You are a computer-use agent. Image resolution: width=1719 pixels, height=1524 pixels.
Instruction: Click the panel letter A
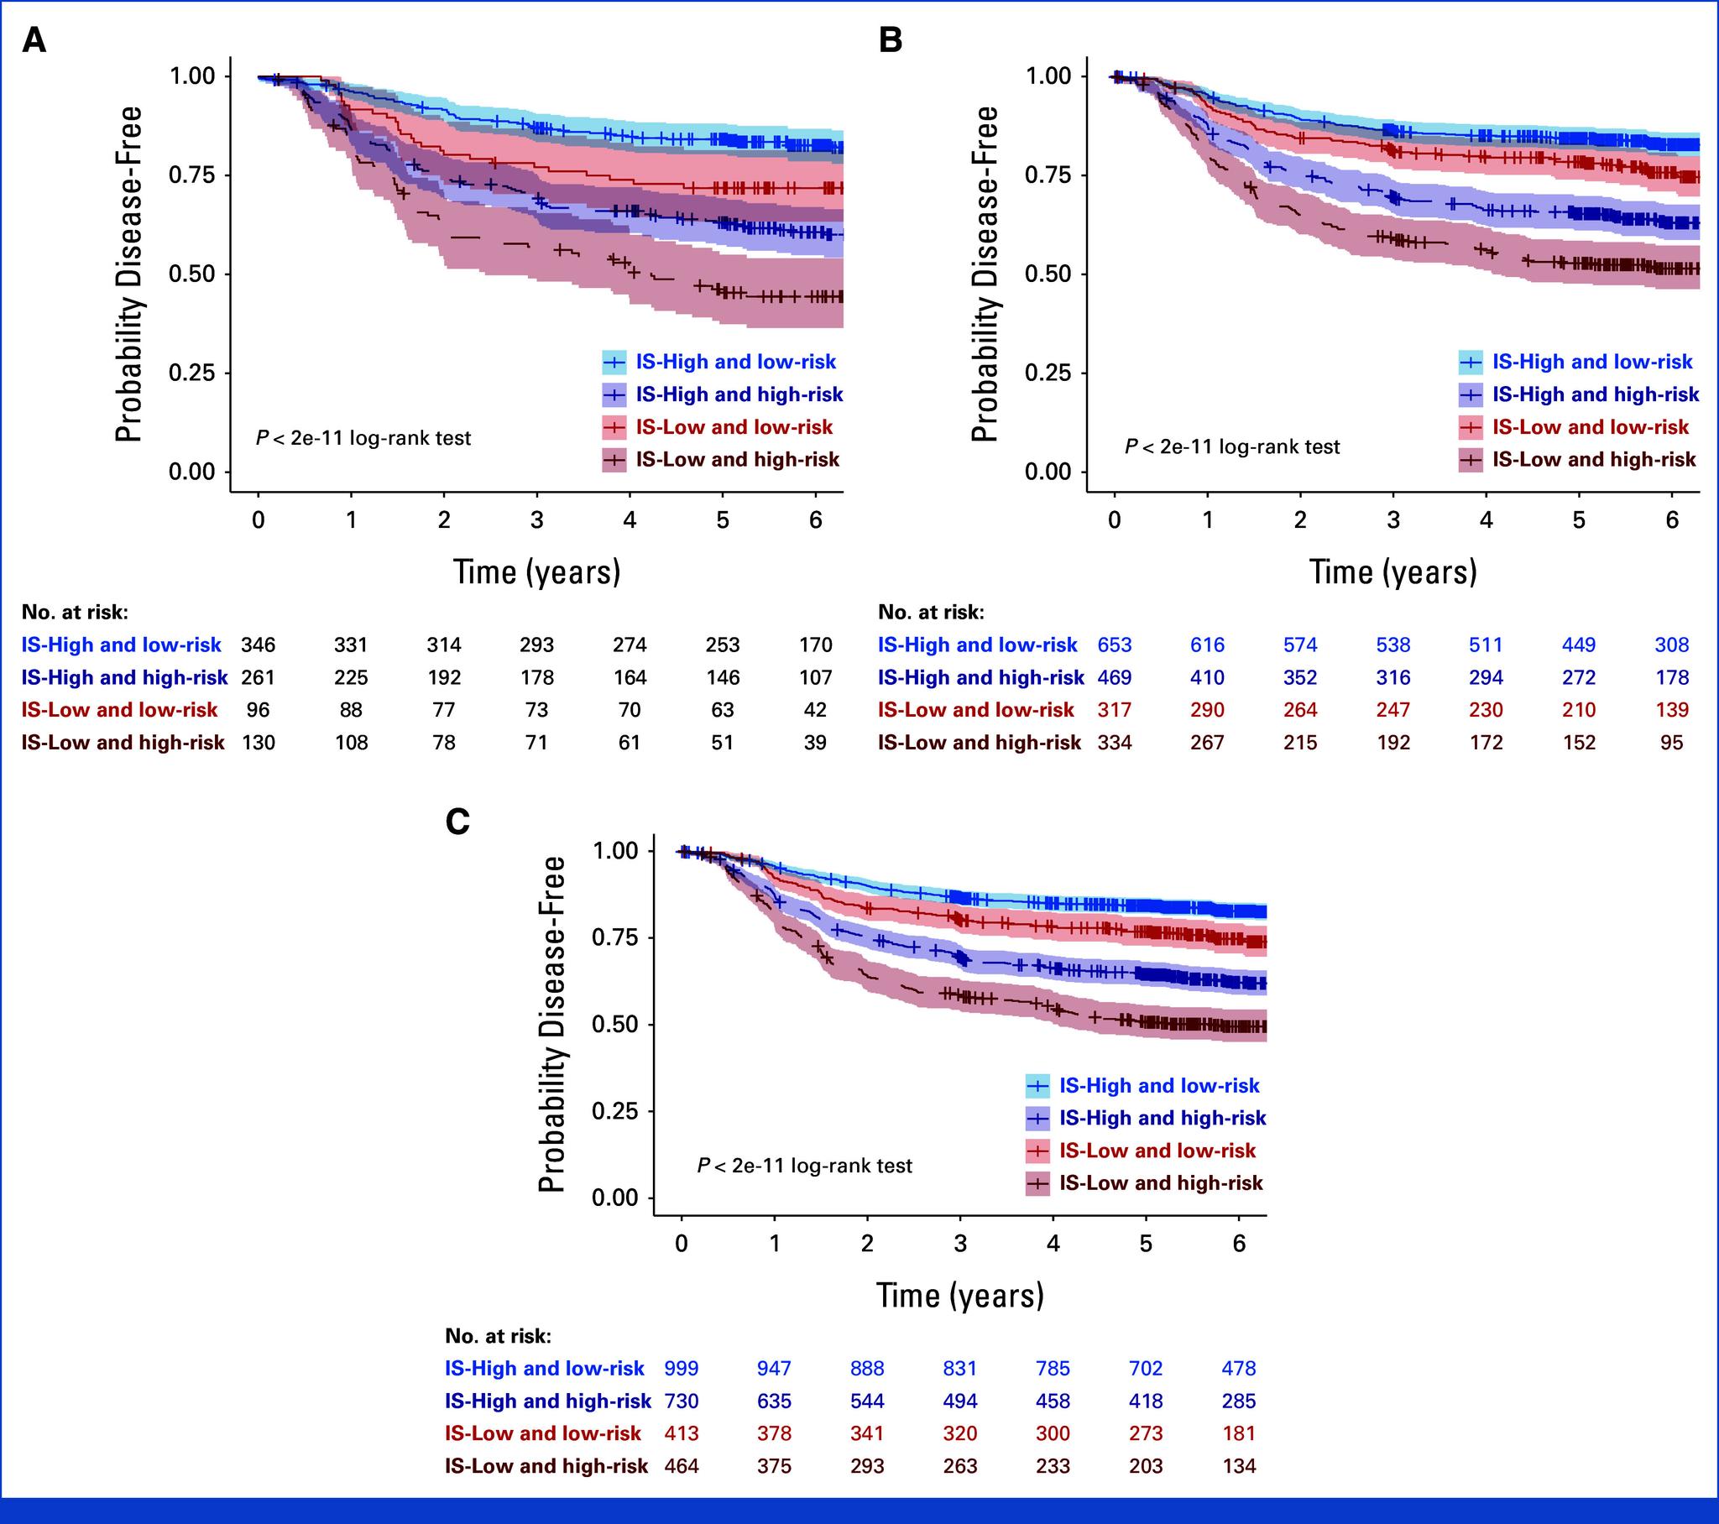coord(34,39)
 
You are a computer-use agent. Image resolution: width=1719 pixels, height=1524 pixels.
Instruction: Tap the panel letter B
coord(890,39)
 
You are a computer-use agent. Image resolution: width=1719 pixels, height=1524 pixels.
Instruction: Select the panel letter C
coord(457,822)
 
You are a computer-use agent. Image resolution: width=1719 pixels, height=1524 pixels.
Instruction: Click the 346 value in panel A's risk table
coord(259,645)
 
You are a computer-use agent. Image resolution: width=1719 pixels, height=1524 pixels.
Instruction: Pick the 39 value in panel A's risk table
coord(815,743)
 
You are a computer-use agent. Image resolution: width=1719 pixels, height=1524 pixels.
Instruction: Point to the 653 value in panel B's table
coord(1115,645)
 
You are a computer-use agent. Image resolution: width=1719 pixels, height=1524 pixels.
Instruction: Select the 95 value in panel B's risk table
coord(1672,743)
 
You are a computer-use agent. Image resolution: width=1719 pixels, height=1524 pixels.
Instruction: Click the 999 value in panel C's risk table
coord(682,1369)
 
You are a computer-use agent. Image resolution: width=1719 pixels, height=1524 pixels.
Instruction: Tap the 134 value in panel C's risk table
coord(1239,1466)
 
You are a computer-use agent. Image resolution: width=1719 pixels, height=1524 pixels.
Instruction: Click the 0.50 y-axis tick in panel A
coord(191,274)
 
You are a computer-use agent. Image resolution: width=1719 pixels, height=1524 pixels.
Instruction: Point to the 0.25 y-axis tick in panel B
coord(1048,373)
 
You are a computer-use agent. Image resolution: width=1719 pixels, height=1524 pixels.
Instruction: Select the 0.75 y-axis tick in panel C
coord(614,937)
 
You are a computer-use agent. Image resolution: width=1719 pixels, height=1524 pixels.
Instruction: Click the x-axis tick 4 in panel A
coord(630,520)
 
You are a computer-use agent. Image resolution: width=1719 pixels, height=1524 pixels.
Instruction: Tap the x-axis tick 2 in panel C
coord(867,1243)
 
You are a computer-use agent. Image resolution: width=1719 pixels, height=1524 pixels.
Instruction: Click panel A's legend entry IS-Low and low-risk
coord(734,427)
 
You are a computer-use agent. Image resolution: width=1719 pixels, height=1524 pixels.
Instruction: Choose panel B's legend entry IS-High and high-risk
coord(1595,394)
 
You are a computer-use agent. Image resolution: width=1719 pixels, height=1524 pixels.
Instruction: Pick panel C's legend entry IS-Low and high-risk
coord(1161,1183)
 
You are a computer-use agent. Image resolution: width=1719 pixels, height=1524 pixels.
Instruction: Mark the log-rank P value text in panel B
coord(1232,446)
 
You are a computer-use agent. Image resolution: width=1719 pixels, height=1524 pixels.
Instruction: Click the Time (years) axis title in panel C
coord(959,1295)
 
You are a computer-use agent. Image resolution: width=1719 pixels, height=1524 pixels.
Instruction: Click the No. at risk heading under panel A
coord(75,613)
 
